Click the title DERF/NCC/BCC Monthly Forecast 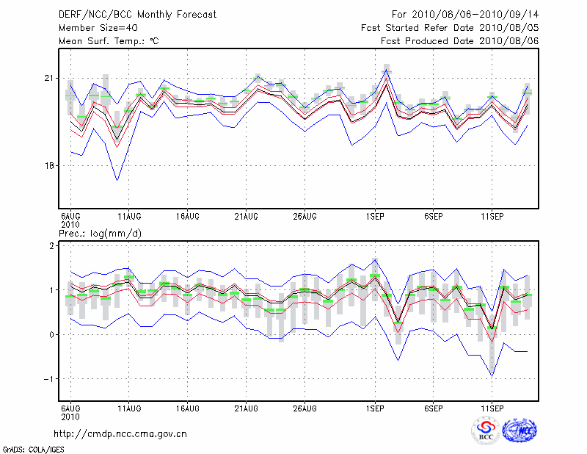137,15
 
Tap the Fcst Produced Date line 460,41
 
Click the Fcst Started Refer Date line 450,28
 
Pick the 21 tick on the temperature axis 50,78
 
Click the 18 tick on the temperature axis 50,165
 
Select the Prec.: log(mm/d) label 100,234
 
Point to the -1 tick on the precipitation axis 50,379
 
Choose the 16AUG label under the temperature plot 188,216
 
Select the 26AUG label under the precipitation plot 305,407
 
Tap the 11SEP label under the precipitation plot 492,407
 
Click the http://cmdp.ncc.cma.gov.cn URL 121,433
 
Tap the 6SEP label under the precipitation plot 433,407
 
